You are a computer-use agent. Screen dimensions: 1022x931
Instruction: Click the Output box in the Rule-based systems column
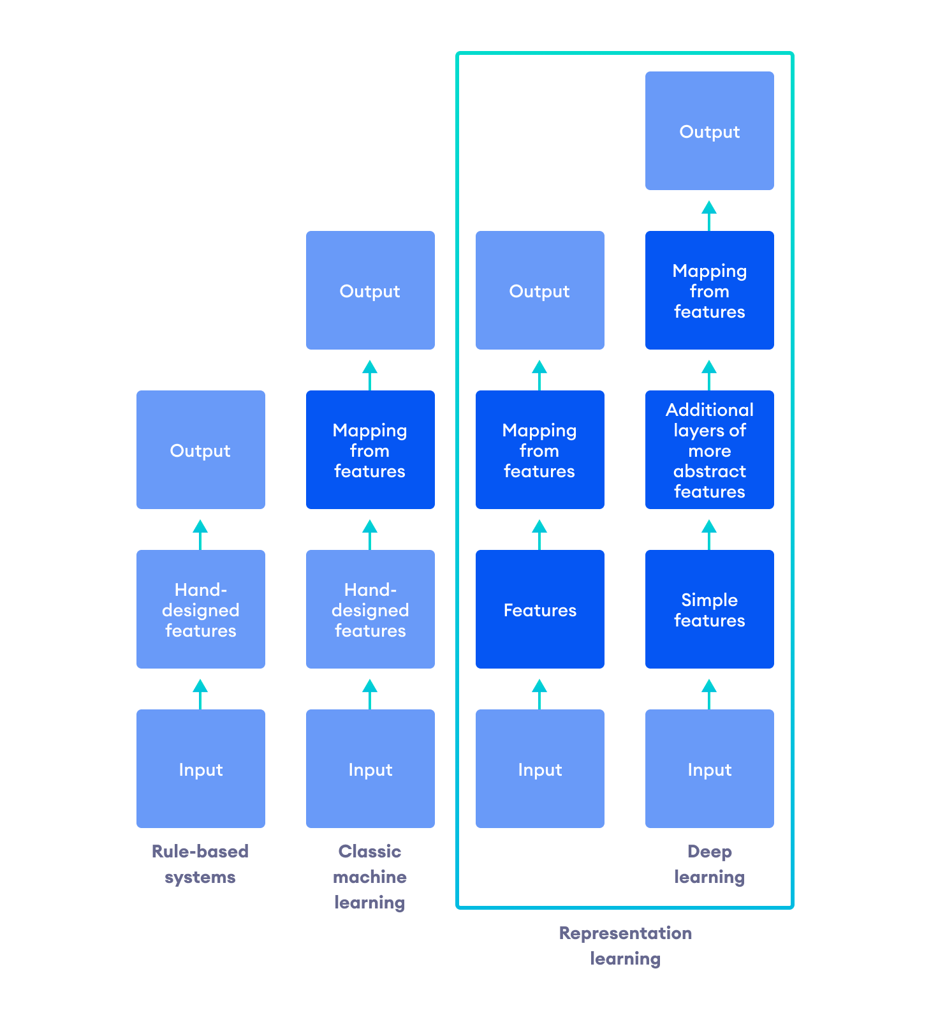pyautogui.click(x=200, y=450)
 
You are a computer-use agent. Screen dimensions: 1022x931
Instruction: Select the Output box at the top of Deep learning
pyautogui.click(x=709, y=131)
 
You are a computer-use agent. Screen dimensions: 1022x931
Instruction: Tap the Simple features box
pyautogui.click(x=709, y=609)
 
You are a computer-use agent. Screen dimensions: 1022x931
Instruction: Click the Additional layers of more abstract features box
pyautogui.click(x=709, y=450)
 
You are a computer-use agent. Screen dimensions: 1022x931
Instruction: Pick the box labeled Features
pyautogui.click(x=539, y=609)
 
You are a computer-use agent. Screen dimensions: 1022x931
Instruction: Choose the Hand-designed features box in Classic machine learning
pyautogui.click(x=370, y=609)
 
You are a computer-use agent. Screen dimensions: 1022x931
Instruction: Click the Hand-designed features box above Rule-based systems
pyautogui.click(x=200, y=609)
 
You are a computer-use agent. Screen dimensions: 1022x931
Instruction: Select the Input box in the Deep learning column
pyautogui.click(x=709, y=769)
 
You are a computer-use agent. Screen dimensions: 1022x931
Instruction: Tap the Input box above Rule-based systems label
pyautogui.click(x=200, y=769)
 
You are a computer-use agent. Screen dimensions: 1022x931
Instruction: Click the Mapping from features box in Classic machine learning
pyautogui.click(x=370, y=450)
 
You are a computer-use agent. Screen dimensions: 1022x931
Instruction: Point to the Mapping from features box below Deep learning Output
pyautogui.click(x=709, y=290)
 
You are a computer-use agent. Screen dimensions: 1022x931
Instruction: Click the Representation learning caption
pyautogui.click(x=625, y=945)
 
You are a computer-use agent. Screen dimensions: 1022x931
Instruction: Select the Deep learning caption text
pyautogui.click(x=709, y=864)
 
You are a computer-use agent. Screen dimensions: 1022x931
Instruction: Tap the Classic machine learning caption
pyautogui.click(x=370, y=877)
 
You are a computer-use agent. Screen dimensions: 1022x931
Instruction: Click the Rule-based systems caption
pyautogui.click(x=200, y=864)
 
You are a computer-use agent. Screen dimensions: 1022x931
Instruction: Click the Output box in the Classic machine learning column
pyautogui.click(x=370, y=290)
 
